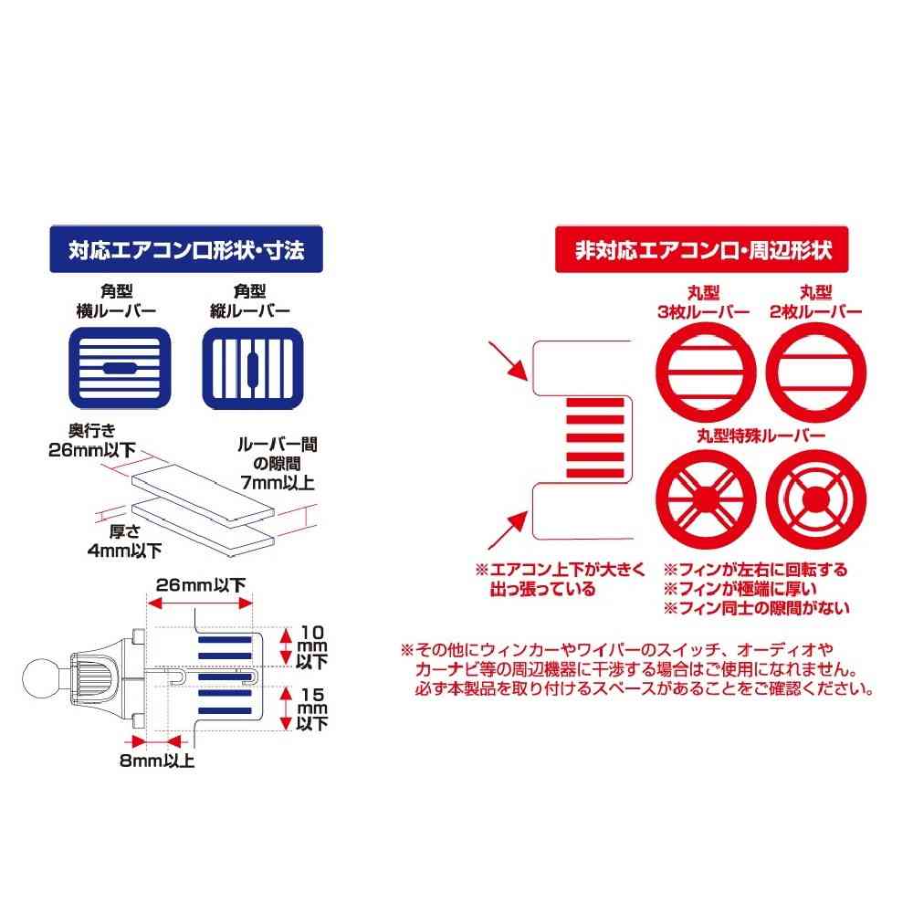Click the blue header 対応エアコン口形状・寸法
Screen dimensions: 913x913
click(186, 249)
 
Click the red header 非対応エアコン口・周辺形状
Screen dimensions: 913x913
click(701, 249)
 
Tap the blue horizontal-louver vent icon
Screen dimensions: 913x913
click(120, 368)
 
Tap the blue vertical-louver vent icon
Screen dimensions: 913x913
click(253, 368)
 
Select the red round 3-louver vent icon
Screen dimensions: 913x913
click(706, 373)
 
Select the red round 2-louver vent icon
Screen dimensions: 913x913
click(815, 373)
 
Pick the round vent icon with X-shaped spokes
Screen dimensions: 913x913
click(706, 499)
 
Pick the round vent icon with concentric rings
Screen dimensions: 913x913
click(815, 499)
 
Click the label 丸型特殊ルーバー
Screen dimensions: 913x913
click(761, 436)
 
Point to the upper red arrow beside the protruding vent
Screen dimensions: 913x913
click(509, 361)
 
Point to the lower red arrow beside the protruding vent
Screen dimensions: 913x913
click(509, 530)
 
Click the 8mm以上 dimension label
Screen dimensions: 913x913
click(157, 761)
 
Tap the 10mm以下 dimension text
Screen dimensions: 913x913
click(312, 647)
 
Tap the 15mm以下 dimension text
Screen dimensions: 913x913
click(312, 709)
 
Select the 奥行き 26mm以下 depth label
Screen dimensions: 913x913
click(92, 440)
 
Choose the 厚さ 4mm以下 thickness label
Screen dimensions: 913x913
click(124, 540)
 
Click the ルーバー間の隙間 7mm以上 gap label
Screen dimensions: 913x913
click(278, 464)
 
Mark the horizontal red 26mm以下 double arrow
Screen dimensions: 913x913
click(200, 603)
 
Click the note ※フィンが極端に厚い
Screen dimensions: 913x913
click(740, 589)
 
